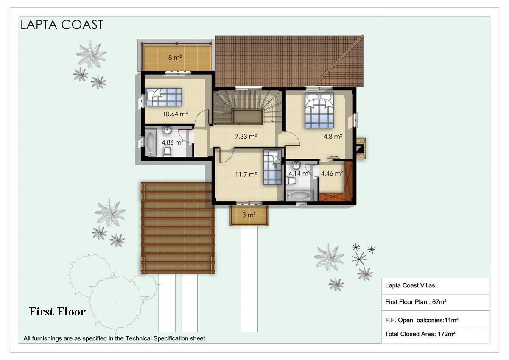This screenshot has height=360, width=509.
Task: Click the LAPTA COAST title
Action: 62,25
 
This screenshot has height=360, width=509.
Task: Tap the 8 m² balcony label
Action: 175,58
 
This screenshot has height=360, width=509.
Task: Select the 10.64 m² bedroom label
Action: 175,114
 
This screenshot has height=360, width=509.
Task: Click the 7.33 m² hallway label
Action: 246,136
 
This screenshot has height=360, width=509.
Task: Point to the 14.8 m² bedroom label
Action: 331,136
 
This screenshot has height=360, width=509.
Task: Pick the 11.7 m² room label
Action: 246,174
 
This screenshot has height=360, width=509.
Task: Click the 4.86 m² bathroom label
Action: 173,142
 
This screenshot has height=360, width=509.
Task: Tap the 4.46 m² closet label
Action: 332,173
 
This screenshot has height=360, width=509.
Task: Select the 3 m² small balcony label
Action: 249,215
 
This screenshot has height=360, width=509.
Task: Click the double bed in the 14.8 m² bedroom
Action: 319,110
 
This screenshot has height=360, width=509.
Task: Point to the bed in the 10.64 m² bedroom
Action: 164,97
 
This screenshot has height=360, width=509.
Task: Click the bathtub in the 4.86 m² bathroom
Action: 151,142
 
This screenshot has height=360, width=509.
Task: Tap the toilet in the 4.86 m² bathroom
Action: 168,152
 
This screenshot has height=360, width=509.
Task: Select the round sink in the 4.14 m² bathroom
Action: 296,165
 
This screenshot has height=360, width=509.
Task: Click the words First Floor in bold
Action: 57,311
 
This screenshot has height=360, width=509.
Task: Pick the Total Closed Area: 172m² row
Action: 420,334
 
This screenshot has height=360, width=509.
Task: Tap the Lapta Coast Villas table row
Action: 410,285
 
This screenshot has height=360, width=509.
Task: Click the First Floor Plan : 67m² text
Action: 416,302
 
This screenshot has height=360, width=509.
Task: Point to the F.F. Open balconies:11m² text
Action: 422,320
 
